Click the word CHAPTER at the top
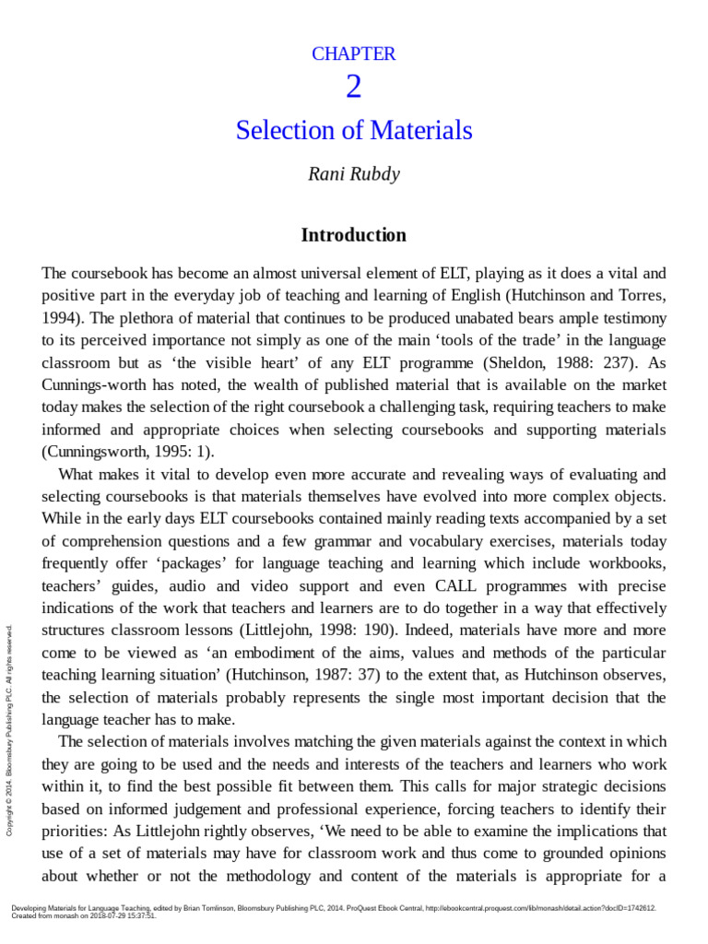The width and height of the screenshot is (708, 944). pos(354,54)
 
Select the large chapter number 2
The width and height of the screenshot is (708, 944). pos(354,88)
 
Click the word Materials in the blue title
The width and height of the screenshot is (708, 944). pos(421,131)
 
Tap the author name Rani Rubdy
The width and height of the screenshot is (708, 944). pos(354,174)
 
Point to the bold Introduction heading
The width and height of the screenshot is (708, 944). pos(354,235)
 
